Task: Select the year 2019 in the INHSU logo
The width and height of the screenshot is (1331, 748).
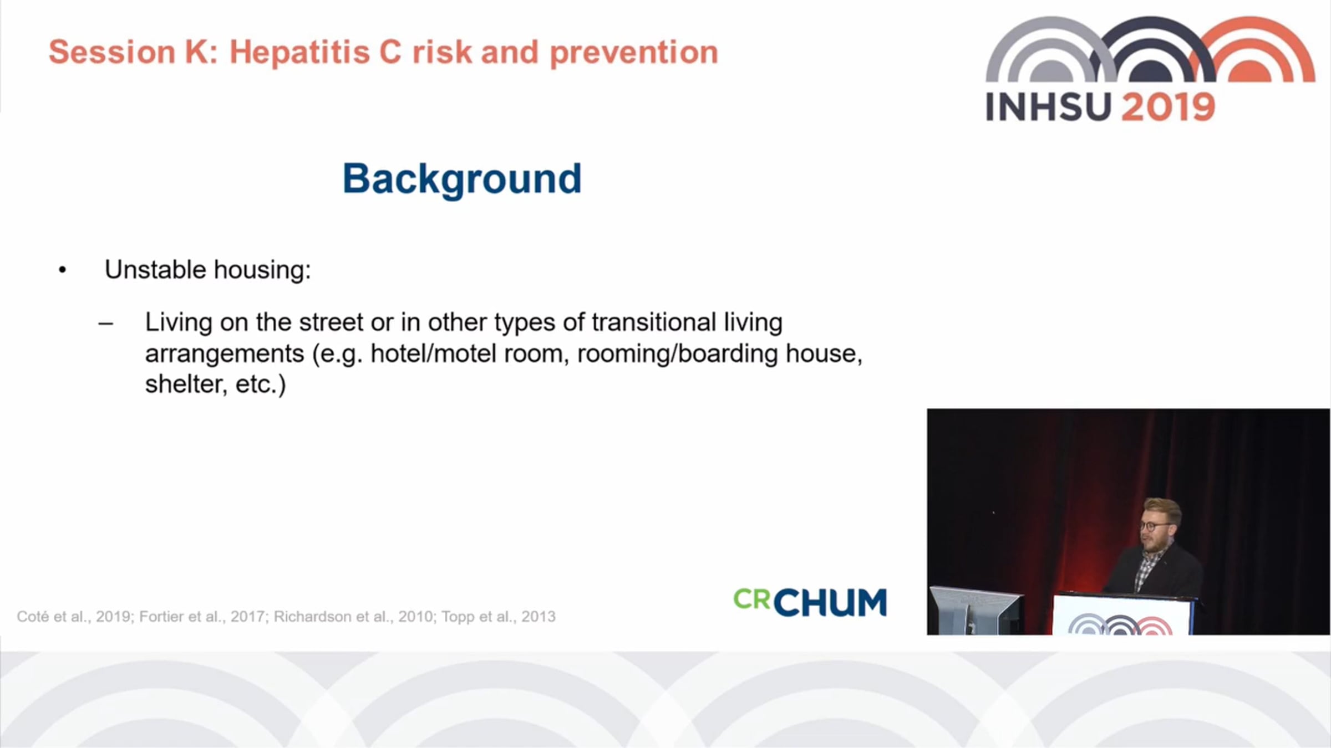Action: [1168, 107]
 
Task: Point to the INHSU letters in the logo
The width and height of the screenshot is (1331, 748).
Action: [1049, 107]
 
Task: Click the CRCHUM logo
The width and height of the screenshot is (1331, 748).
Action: [810, 602]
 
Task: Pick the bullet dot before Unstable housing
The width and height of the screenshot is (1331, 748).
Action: [62, 270]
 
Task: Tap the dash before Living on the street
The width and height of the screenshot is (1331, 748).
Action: [105, 324]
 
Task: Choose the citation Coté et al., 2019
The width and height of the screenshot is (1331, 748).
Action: [74, 617]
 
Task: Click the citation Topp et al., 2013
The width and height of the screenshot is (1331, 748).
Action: [499, 617]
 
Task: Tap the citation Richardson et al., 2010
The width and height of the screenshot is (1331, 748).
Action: [354, 617]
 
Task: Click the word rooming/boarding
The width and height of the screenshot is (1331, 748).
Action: [678, 354]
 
